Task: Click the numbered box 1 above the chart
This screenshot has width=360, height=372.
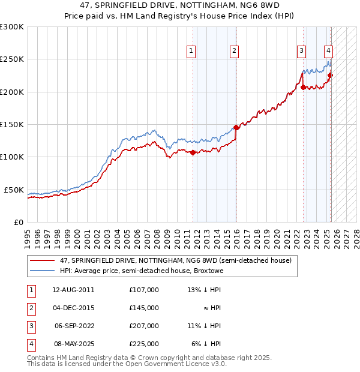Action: click(191, 51)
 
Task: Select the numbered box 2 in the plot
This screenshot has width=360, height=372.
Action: click(234, 51)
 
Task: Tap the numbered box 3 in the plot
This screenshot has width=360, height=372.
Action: click(301, 51)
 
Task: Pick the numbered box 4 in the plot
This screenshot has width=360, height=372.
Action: click(329, 51)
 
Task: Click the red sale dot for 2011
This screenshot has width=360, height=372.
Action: click(193, 152)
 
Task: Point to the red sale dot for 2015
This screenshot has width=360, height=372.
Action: click(236, 127)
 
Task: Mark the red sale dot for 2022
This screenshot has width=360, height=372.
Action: click(303, 87)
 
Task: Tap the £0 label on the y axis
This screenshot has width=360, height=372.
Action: click(18, 222)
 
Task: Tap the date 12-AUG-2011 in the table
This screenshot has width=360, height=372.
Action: click(73, 290)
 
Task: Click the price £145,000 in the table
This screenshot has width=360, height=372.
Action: click(144, 308)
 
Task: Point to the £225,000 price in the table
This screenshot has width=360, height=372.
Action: click(144, 344)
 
